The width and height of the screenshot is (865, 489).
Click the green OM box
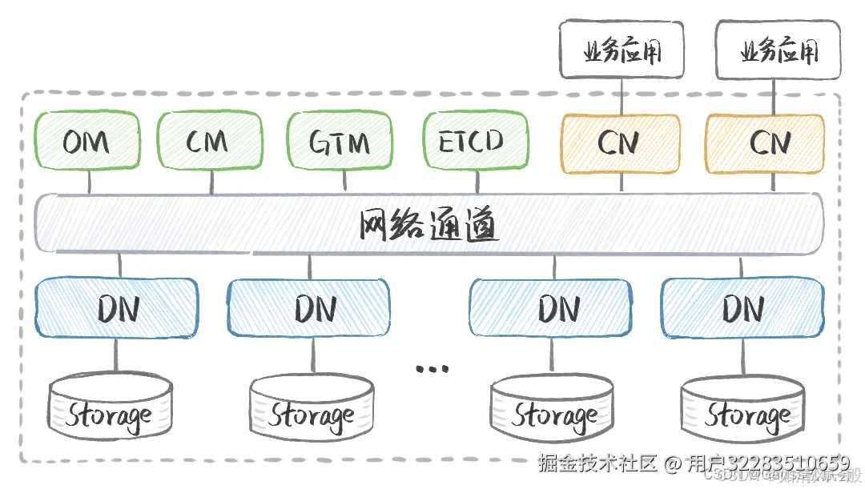[x=86, y=142]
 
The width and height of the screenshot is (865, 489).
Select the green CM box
[x=209, y=142]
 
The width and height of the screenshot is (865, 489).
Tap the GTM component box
[x=340, y=142]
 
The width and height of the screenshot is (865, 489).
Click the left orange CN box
[x=620, y=143]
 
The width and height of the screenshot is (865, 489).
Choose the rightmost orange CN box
[x=764, y=143]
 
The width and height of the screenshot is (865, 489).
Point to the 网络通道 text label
[x=429, y=226]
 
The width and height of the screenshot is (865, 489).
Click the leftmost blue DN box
[x=116, y=307]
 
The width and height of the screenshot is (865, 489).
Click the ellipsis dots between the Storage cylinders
[x=432, y=369]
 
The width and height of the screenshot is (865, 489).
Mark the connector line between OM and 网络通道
[x=89, y=182]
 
